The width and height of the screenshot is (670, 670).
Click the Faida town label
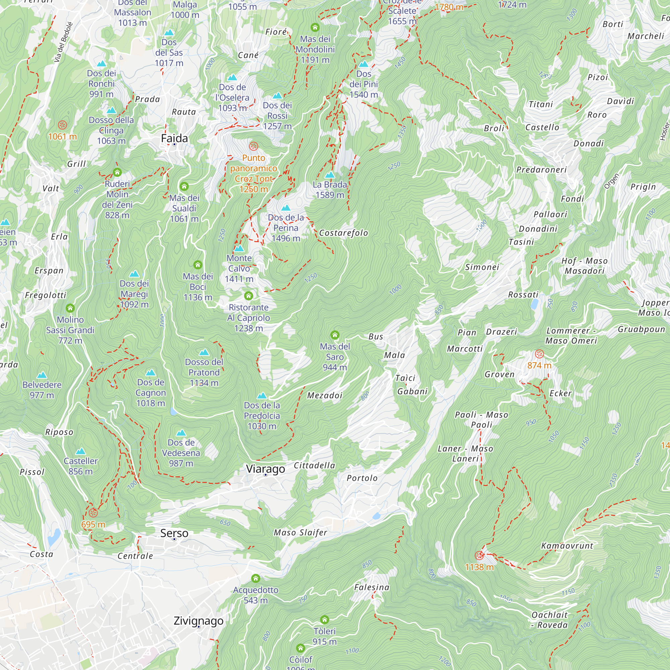174,138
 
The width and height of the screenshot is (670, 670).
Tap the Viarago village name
265,469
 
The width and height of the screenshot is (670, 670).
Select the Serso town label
174,533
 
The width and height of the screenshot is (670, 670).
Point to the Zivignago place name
198,620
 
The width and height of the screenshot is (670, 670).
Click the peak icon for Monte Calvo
239,248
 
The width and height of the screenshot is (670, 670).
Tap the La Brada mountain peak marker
330,175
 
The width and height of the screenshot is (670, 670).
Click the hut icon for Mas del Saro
335,335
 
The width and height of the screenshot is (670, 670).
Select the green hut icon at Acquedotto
256,578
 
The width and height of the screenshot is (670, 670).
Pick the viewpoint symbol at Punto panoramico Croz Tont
254,146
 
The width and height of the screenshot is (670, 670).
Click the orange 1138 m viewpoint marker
479,555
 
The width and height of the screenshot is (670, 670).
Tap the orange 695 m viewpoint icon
93,513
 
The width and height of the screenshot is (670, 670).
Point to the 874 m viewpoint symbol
539,354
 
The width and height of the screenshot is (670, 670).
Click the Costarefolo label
343,233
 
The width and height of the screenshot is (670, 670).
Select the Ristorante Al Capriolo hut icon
248,296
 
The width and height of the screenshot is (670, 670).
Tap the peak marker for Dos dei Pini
363,64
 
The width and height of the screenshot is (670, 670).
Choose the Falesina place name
372,587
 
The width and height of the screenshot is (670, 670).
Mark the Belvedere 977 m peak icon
42,375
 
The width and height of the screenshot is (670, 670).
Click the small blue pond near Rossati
534,304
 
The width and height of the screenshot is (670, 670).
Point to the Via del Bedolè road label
63,42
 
